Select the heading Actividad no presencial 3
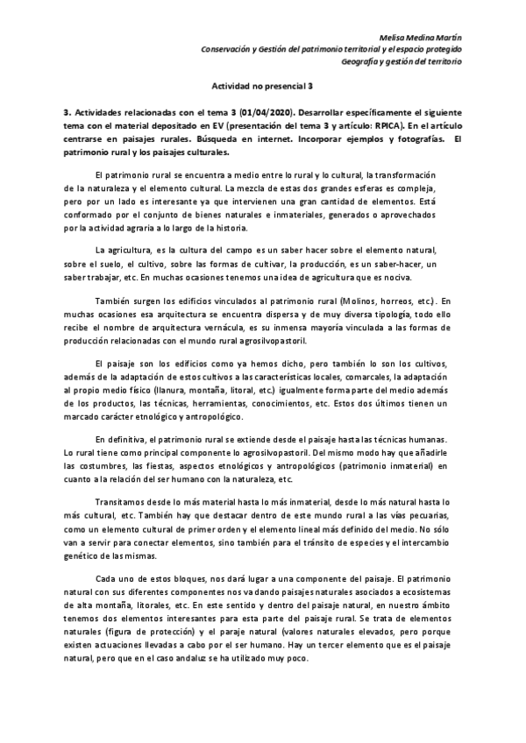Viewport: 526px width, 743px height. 263,88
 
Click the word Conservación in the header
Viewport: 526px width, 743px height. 230,50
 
